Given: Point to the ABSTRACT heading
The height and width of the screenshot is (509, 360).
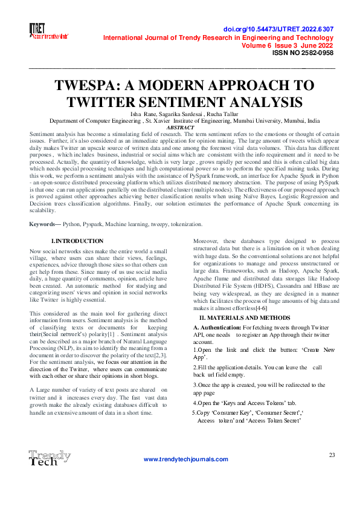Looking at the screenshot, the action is (x=180, y=128).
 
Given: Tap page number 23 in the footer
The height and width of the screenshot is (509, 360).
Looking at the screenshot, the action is (x=332, y=455).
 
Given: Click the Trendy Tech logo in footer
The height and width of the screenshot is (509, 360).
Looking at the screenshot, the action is (x=49, y=458).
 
